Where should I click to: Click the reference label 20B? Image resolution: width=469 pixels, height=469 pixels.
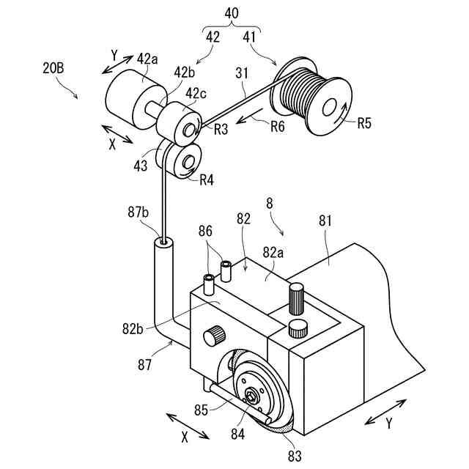[x=55, y=69]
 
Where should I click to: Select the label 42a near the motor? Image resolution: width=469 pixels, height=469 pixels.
[x=147, y=59]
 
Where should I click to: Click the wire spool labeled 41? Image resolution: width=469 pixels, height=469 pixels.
[x=311, y=97]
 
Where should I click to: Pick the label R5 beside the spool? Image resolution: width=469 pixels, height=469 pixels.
[x=364, y=123]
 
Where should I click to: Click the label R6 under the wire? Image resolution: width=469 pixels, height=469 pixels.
[x=277, y=126]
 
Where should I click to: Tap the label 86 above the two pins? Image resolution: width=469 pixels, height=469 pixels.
[x=206, y=232]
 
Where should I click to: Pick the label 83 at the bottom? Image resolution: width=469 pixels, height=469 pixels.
[x=294, y=455]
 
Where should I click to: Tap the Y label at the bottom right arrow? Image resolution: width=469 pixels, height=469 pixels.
[x=389, y=424]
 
